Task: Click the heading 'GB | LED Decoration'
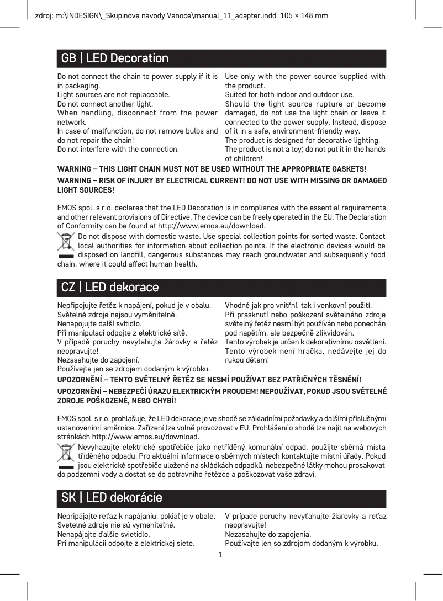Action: tap(115, 58)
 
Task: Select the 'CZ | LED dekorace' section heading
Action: tap(110, 288)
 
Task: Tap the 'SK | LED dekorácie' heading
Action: tap(112, 498)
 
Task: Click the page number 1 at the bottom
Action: tap(221, 554)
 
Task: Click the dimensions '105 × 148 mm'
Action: tap(304, 15)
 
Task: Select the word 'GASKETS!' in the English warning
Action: tap(348, 168)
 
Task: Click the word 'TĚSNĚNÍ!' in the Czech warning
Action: tap(343, 380)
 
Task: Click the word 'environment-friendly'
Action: tap(291, 131)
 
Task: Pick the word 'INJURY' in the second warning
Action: tap(140, 180)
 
